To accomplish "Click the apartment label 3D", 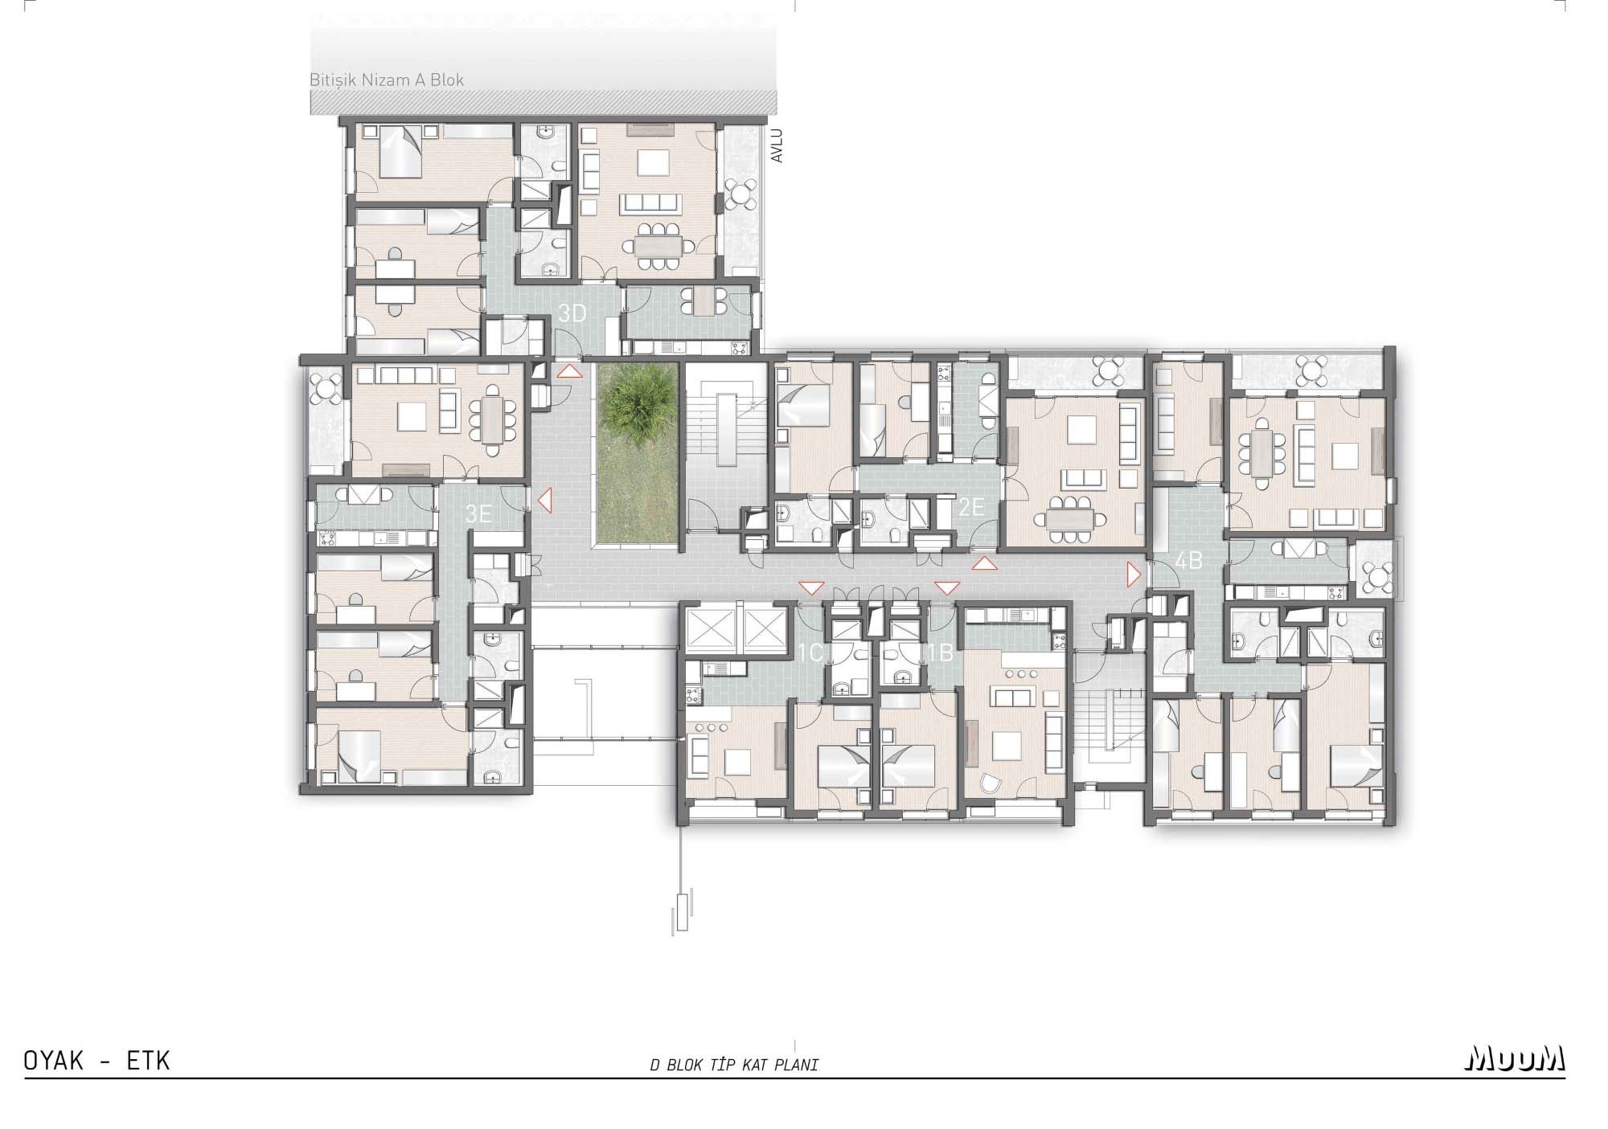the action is tap(572, 313).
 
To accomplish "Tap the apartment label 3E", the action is tap(478, 513).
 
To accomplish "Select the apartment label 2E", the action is tap(972, 507).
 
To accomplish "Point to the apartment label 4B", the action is tap(1188, 560).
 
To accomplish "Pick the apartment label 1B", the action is tap(941, 653).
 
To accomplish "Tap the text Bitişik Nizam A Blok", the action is tap(387, 80).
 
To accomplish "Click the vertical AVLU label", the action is tap(777, 146).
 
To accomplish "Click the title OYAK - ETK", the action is tap(97, 1062).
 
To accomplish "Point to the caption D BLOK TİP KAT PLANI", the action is tap(734, 1066).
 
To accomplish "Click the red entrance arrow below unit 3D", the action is tap(570, 371).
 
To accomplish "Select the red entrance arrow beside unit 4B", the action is tap(1134, 574).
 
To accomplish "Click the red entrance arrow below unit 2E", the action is tap(982, 564).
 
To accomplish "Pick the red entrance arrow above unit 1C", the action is tap(810, 587).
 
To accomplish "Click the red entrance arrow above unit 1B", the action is tap(946, 587).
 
